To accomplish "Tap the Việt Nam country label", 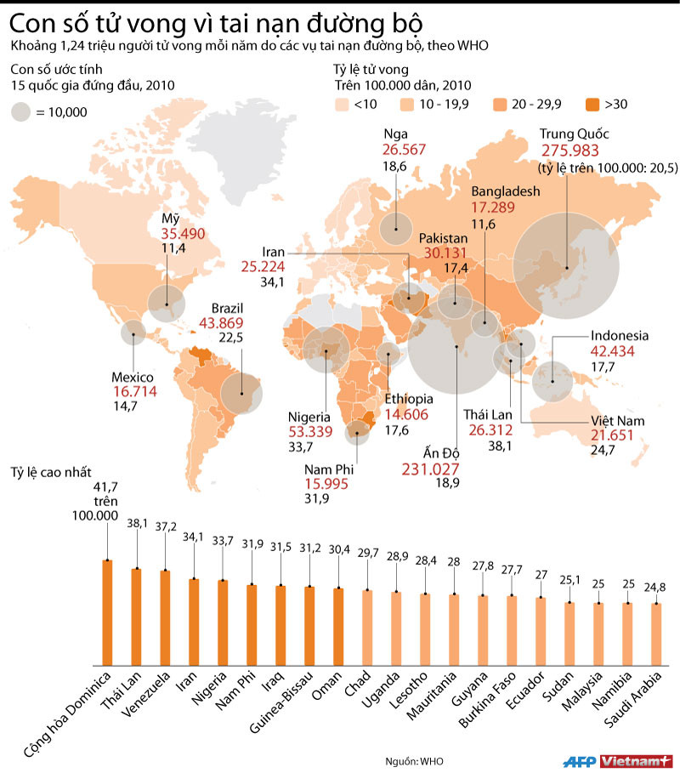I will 618,421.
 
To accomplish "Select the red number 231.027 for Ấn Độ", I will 430,469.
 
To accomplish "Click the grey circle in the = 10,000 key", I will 21,111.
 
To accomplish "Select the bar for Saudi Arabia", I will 656,633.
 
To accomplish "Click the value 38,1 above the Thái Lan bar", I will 137,524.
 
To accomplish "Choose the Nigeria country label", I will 309,417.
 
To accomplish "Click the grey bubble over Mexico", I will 132,333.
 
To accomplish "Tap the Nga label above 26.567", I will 395,134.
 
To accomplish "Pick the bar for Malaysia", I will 598,633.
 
